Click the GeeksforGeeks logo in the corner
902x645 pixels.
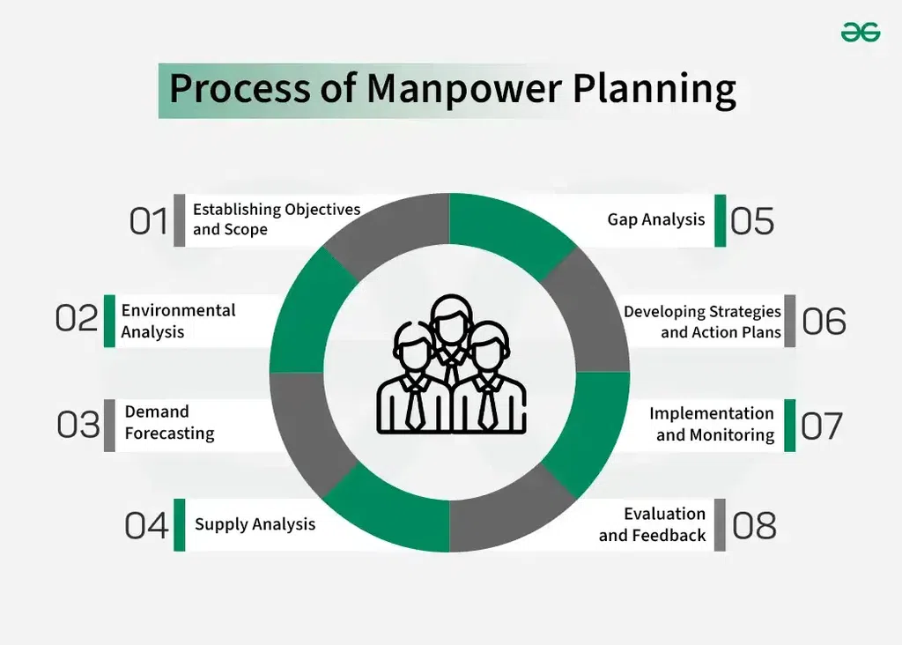pyautogui.click(x=861, y=33)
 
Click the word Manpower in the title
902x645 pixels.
pyautogui.click(x=463, y=89)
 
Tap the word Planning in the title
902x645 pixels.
pyautogui.click(x=654, y=89)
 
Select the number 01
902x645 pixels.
pyautogui.click(x=148, y=221)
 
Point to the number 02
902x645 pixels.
pyautogui.click(x=77, y=318)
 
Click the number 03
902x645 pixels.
pyautogui.click(x=78, y=426)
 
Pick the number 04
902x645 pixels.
pyautogui.click(x=146, y=526)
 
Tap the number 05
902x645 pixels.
pyautogui.click(x=752, y=221)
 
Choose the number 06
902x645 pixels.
pyautogui.click(x=824, y=321)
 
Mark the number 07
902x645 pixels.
pyautogui.click(x=822, y=426)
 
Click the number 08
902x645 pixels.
pyautogui.click(x=754, y=526)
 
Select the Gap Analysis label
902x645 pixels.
pyautogui.click(x=655, y=219)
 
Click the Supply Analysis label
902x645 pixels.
pyautogui.click(x=255, y=524)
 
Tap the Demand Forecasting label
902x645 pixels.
pyautogui.click(x=169, y=422)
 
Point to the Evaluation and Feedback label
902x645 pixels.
pyautogui.click(x=653, y=524)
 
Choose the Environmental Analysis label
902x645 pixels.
pyautogui.click(x=178, y=321)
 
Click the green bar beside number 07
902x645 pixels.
pyautogui.click(x=790, y=426)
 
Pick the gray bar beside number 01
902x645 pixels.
pyautogui.click(x=180, y=220)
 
